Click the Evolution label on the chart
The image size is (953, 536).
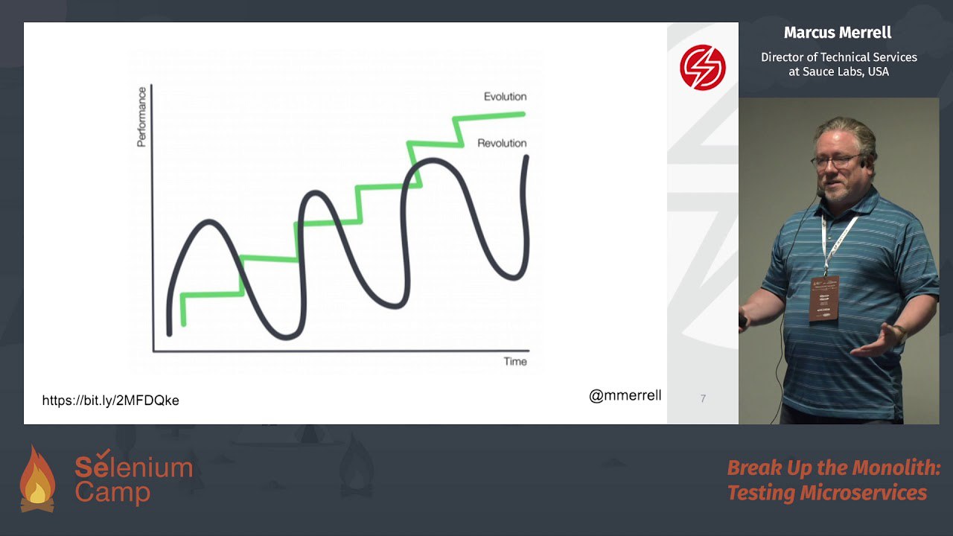505,97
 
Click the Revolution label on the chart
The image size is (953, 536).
502,143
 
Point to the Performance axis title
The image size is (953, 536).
141,117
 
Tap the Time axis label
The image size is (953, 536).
515,362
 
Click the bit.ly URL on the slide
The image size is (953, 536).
111,401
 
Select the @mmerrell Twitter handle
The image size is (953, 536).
625,395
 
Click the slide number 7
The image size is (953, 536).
703,398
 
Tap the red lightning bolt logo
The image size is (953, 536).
702,67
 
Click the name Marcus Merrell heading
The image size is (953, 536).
838,33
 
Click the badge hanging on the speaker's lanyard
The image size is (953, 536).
824,299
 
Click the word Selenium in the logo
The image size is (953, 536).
134,466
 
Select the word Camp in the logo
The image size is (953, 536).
112,493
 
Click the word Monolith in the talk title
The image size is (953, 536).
896,468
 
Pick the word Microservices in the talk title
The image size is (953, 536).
863,493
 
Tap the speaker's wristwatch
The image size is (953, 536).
900,332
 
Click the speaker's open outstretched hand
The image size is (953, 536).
876,340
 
